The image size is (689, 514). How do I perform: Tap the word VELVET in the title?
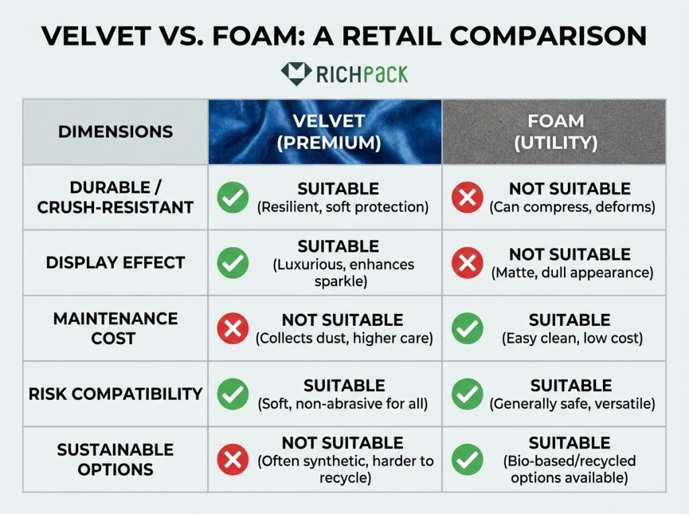click(x=98, y=36)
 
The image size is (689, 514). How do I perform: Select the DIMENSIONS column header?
click(x=115, y=132)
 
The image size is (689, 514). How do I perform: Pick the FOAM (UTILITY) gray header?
click(x=554, y=132)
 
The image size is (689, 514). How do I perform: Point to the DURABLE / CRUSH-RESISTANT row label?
click(x=115, y=198)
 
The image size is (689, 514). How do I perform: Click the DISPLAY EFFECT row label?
click(x=115, y=263)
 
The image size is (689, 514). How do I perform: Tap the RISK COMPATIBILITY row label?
click(x=115, y=394)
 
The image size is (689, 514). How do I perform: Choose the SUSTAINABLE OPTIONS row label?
click(x=115, y=459)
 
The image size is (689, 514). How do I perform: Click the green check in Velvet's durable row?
click(x=233, y=198)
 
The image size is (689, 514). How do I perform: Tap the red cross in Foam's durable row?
click(x=467, y=198)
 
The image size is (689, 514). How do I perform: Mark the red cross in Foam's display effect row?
click(x=467, y=263)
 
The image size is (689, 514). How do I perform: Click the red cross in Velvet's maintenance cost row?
click(x=233, y=329)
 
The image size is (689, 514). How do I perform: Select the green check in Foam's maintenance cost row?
click(x=467, y=329)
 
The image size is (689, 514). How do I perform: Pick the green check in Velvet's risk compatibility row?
click(x=233, y=394)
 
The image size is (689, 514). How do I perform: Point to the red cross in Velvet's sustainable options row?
click(x=233, y=460)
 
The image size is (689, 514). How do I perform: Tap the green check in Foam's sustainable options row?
click(x=467, y=460)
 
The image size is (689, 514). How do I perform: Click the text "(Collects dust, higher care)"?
click(x=343, y=338)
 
